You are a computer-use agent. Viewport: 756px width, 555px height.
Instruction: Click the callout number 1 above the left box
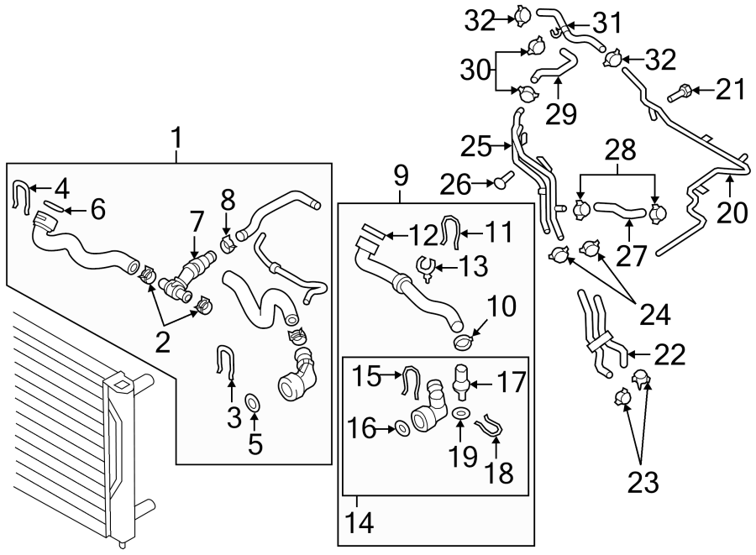[x=177, y=134]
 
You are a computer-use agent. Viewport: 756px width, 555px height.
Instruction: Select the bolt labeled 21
[x=680, y=92]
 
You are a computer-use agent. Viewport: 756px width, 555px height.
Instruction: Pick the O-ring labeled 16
[x=402, y=428]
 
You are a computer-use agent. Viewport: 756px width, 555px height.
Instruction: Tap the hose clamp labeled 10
[x=464, y=342]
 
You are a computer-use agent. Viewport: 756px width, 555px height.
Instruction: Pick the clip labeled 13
[x=425, y=269]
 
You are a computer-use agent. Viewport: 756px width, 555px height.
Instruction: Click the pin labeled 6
[x=50, y=207]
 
